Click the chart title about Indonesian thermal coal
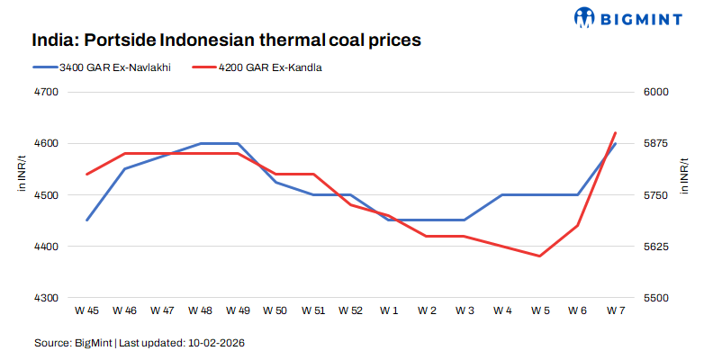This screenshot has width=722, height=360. [227, 40]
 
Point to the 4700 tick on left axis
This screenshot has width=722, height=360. [46, 92]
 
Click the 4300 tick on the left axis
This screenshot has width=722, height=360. [46, 298]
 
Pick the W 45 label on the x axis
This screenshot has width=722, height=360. [87, 310]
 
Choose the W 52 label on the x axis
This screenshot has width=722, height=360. [351, 310]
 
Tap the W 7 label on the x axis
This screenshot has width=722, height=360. [615, 310]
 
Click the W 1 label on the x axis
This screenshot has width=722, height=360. [389, 310]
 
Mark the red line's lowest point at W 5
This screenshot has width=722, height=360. [539, 256]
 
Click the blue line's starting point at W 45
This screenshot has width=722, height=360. [87, 220]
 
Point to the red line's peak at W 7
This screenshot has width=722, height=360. [615, 132]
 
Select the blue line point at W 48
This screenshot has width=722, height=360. [200, 143]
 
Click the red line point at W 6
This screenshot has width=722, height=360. [577, 225]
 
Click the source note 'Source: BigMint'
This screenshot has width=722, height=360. [74, 343]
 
